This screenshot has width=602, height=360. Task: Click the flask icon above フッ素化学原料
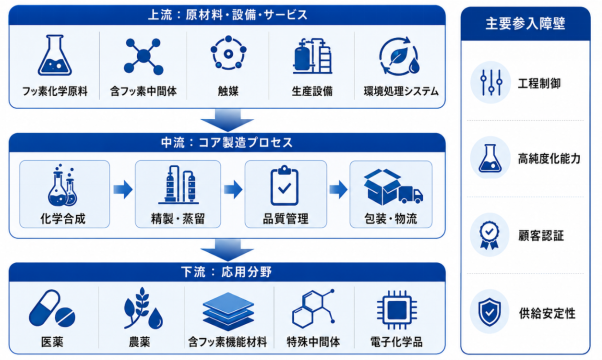point(55,55)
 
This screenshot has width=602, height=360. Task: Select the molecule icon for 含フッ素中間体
point(143,56)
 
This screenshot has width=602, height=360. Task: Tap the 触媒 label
point(228,91)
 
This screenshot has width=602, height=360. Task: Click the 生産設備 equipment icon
point(312,56)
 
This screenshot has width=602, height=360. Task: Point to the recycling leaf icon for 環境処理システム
point(399,56)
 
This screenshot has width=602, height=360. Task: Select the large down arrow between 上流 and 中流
point(227,120)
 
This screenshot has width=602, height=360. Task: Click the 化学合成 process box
point(64,194)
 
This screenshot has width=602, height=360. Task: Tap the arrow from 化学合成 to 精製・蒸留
point(123,189)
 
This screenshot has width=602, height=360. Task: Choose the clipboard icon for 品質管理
point(284,185)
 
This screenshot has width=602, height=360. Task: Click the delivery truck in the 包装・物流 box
point(410,194)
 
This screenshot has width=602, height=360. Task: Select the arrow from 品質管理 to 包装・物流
point(338,189)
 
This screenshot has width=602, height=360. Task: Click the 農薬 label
point(139,342)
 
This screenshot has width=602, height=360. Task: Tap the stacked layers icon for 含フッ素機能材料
point(228,311)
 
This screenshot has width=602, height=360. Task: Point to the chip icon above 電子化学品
point(397,310)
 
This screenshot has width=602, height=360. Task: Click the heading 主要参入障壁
point(525,24)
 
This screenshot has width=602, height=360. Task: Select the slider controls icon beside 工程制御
point(491,83)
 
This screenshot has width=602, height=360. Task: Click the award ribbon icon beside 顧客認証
point(489,236)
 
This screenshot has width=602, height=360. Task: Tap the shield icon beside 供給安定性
point(489,312)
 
